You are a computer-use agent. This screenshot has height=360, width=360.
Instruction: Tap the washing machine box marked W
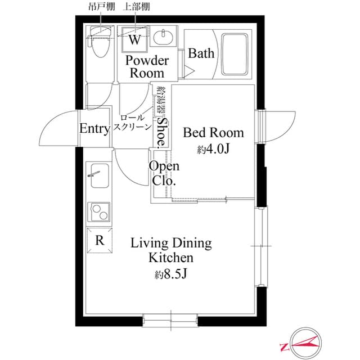pyautogui.click(x=135, y=39)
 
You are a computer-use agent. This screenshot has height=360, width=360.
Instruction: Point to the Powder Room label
pyautogui.click(x=147, y=66)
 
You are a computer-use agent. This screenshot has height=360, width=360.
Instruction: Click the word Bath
pyautogui.click(x=201, y=54)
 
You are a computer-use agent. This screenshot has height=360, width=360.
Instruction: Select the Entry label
pyautogui.click(x=94, y=129)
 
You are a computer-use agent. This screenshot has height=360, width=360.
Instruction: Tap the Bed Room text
pyautogui.click(x=214, y=133)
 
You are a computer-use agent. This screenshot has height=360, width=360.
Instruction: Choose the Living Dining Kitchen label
pyautogui.click(x=171, y=251)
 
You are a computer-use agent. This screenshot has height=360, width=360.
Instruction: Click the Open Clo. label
pyautogui.click(x=164, y=174)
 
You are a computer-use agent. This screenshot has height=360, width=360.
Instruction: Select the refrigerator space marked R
pyautogui.click(x=100, y=241)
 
